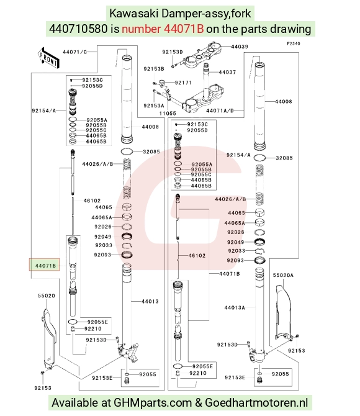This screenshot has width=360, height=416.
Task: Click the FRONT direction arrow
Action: coord(48,58)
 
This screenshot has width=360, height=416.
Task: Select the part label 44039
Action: coord(240,47)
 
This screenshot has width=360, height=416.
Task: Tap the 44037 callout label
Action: coord(227,72)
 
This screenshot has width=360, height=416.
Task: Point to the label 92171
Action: coord(183,83)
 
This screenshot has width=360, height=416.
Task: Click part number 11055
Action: coord(168,113)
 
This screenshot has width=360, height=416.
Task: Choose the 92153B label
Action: coord(154,69)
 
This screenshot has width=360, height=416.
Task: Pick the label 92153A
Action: coord(154,106)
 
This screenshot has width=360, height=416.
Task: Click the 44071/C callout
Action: coord(75,52)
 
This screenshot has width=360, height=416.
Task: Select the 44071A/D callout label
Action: coord(220,111)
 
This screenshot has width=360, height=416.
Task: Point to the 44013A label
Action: coord(235,308)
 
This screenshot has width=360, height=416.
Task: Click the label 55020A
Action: coord(283,276)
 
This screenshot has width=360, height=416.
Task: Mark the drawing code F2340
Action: coord(294,43)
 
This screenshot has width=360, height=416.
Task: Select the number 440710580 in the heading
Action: coord(78,29)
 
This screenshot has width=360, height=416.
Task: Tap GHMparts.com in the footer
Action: coord(153,403)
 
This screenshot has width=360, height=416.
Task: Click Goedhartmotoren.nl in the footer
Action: coord(256,403)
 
